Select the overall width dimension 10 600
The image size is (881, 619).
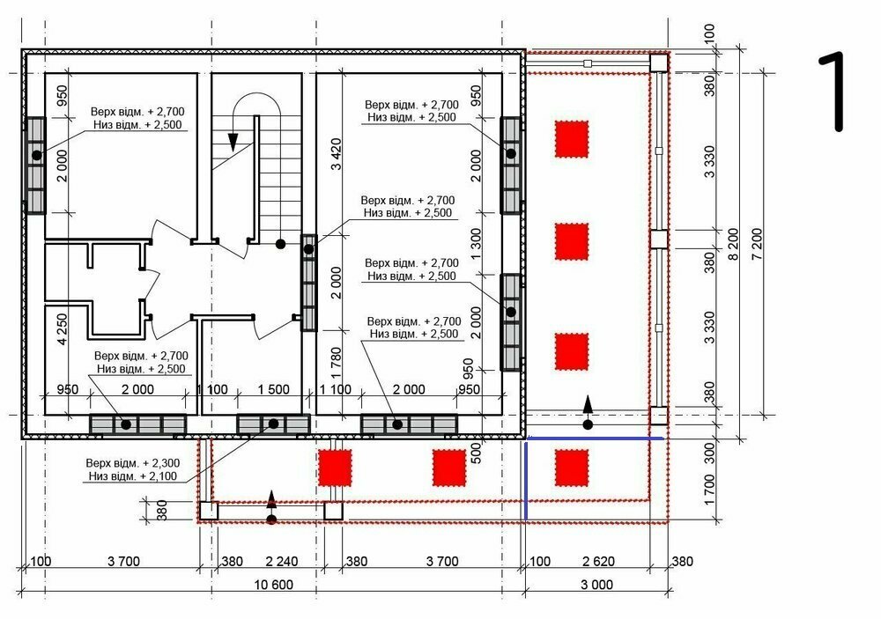pyautogui.click(x=274, y=585)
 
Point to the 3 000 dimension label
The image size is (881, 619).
pyautogui.click(x=596, y=585)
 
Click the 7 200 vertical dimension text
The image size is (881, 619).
pyautogui.click(x=758, y=244)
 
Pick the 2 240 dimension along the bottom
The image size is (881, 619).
pyautogui.click(x=282, y=561)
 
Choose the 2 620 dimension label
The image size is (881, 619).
pyautogui.click(x=598, y=561)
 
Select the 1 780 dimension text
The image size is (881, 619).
pyautogui.click(x=336, y=363)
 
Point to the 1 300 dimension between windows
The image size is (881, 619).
pyautogui.click(x=476, y=244)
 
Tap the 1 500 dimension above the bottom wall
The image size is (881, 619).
pyautogui.click(x=274, y=389)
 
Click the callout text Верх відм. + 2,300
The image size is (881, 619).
pyautogui.click(x=133, y=463)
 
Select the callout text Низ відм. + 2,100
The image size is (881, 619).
pyautogui.click(x=133, y=476)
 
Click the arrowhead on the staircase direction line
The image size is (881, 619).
pyautogui.click(x=233, y=142)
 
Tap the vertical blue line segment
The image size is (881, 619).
pyautogui.click(x=526, y=480)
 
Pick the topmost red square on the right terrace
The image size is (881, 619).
pyautogui.click(x=572, y=139)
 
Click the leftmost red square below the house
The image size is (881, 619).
pyautogui.click(x=335, y=468)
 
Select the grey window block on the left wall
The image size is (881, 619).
pyautogui.click(x=36, y=166)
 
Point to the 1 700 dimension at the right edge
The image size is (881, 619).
pyautogui.click(x=709, y=491)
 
